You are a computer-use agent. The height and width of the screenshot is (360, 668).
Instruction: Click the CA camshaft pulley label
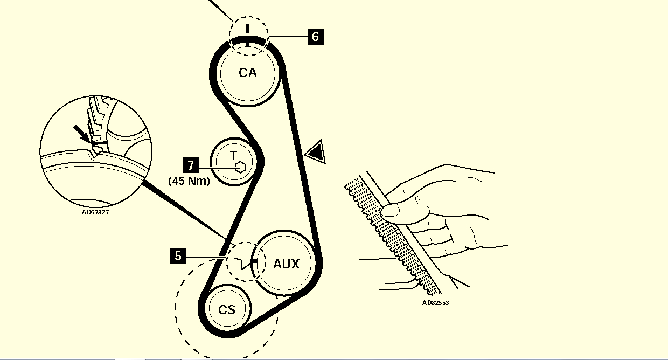click(x=248, y=73)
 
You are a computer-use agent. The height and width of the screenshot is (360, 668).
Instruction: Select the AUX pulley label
click(x=286, y=264)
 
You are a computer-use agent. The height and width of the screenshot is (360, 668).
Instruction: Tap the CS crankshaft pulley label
click(x=227, y=310)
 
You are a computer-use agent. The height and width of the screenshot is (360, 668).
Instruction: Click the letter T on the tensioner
click(x=233, y=156)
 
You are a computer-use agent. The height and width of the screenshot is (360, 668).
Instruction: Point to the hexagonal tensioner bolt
click(x=241, y=167)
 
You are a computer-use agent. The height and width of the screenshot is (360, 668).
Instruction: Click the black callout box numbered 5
click(x=178, y=255)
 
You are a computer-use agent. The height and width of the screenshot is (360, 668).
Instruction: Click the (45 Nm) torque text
click(x=189, y=181)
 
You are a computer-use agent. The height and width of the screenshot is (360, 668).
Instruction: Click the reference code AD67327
click(x=96, y=212)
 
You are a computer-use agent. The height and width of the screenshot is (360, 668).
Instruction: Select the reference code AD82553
click(x=435, y=303)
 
